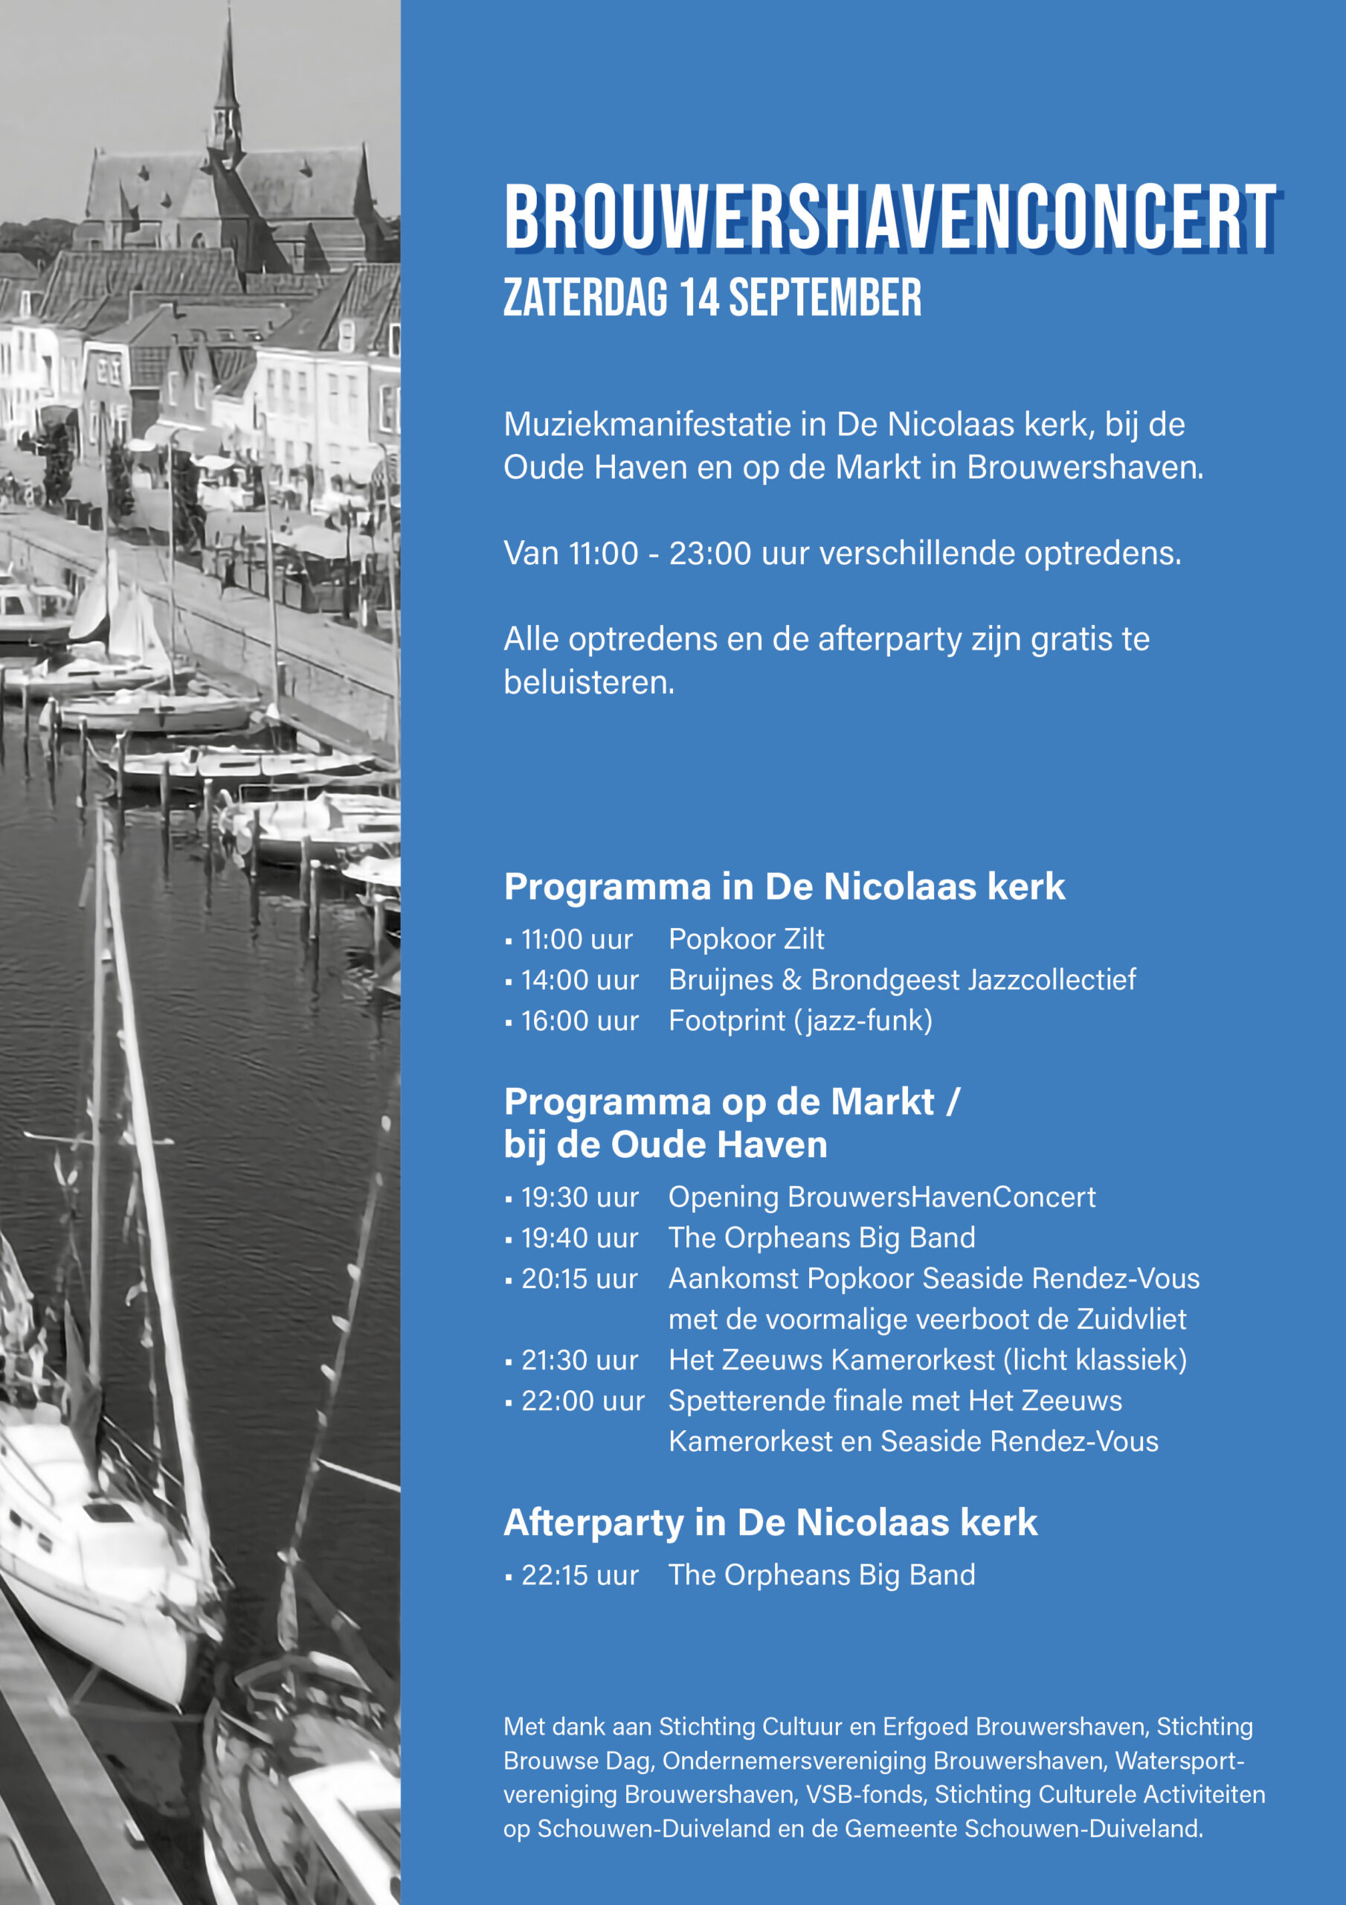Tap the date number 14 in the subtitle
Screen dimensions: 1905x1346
698,298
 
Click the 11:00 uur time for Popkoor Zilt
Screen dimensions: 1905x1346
576,939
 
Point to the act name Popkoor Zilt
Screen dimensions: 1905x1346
747,939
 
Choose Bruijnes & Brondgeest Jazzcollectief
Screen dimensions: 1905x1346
901,980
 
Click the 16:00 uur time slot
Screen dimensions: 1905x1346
579,1020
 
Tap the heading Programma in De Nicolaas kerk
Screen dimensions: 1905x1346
784,887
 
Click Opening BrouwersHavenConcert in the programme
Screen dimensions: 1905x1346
881,1197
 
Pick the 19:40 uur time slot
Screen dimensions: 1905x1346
579,1238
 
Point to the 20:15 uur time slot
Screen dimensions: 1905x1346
579,1278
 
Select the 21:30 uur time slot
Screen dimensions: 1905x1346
579,1360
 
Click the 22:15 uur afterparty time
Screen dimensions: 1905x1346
579,1575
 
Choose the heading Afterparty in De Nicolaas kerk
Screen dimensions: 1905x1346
770,1523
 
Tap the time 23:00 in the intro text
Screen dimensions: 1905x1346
710,554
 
